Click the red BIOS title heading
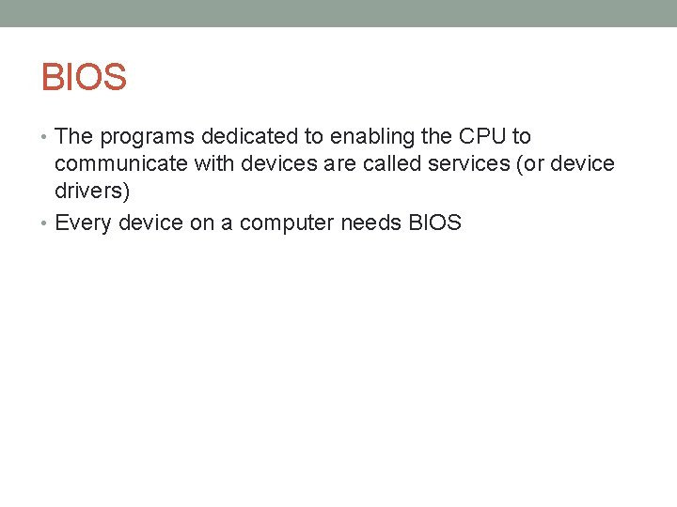[84, 77]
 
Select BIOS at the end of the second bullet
[434, 223]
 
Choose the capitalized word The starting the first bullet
[74, 137]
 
